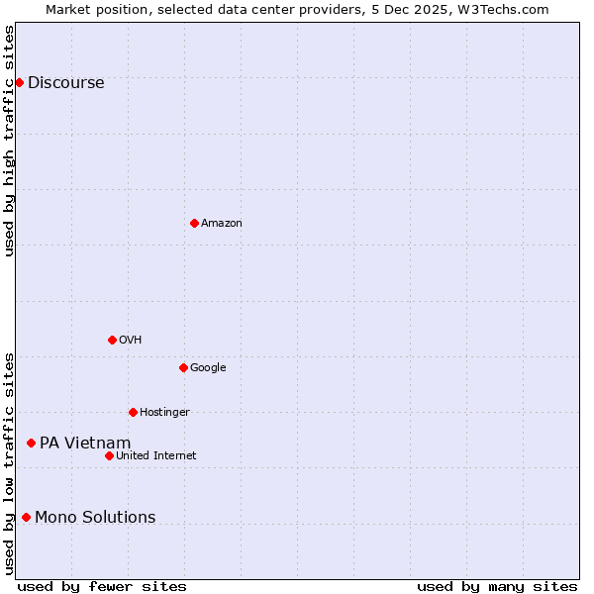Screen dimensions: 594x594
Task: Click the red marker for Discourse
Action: [19, 82]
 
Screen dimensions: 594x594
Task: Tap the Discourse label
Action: [66, 83]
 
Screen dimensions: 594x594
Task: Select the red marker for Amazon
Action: [194, 223]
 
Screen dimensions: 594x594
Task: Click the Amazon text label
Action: [222, 224]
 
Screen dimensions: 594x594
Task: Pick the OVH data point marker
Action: [112, 340]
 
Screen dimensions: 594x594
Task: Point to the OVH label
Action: [131, 341]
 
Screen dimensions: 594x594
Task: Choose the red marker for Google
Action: [183, 367]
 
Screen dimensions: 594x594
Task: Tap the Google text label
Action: [208, 368]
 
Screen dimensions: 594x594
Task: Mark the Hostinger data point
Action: [133, 412]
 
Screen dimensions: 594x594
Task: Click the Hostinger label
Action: [164, 413]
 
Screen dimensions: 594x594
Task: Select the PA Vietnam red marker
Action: [31, 443]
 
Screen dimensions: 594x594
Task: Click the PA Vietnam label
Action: [85, 444]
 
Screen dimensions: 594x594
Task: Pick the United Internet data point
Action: [109, 455]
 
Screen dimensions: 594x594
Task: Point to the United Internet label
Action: [156, 456]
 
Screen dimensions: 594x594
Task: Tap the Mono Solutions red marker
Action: [26, 517]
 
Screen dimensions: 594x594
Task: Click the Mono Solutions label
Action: [95, 518]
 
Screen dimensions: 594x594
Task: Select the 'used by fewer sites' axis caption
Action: [102, 587]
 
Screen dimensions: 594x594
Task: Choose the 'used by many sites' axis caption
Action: [497, 587]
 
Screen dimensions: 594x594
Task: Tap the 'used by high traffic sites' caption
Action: [10, 141]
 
